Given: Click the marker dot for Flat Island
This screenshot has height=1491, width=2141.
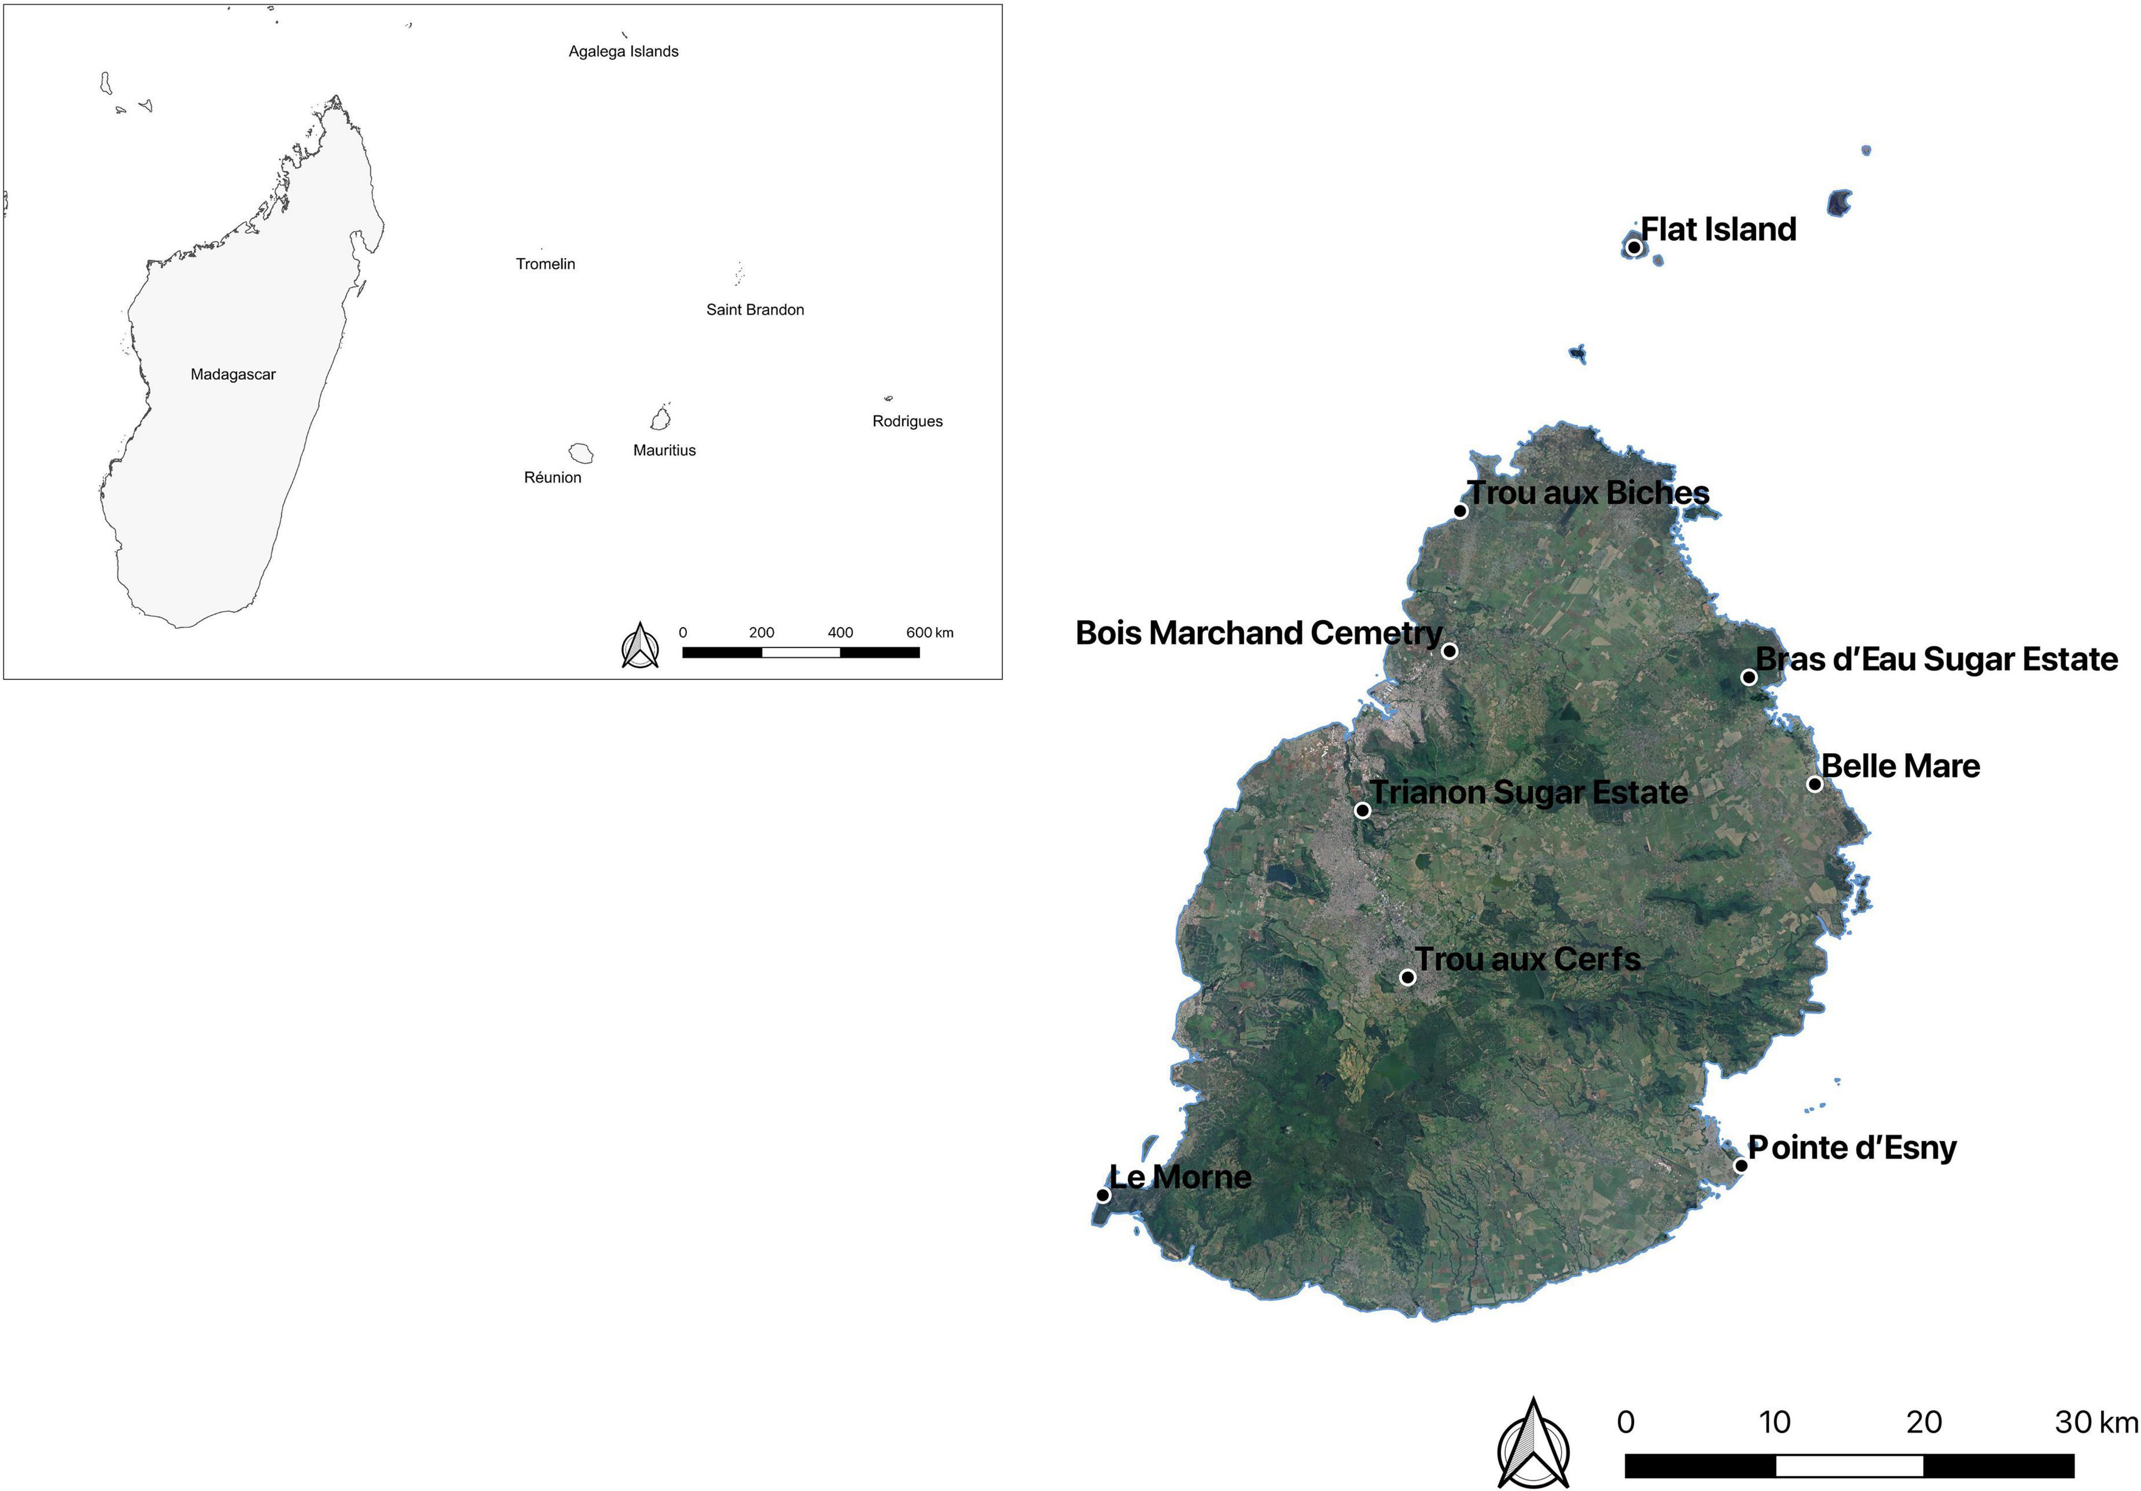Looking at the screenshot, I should tap(1634, 247).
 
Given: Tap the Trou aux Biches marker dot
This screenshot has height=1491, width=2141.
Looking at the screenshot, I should tap(1460, 511).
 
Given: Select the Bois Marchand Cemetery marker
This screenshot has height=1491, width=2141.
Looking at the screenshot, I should tap(1449, 651).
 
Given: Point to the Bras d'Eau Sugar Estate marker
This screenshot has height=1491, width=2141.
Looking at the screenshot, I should tap(1749, 677).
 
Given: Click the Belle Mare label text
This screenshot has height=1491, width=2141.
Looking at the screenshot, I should tap(1900, 767).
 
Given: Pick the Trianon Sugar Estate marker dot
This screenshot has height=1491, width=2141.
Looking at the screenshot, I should tap(1362, 810).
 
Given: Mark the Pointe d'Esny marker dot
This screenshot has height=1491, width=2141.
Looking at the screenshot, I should tap(1740, 1166).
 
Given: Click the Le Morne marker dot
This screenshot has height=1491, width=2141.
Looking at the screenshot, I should tap(1103, 1195).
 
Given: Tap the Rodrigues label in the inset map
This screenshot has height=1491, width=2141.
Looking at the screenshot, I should tap(907, 421).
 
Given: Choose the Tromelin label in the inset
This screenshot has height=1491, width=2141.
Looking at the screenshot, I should tap(546, 264).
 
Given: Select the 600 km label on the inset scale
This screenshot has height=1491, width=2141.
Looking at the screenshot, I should tap(930, 632).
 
